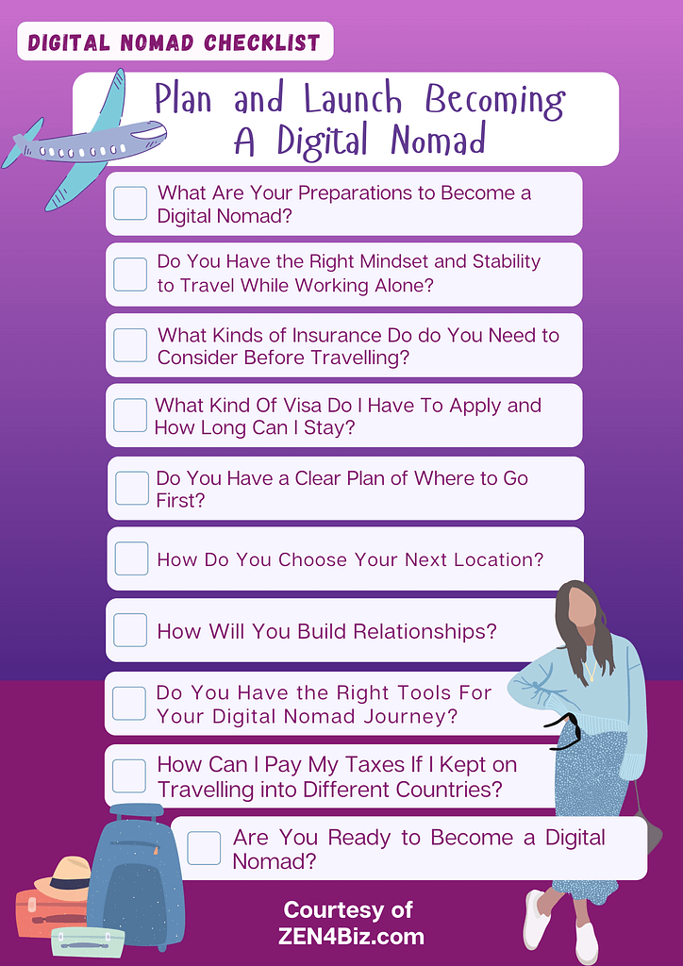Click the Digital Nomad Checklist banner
coord(175,42)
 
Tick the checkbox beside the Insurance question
coord(130,345)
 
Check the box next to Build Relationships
coord(130,630)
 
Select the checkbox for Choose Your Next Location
coord(131,558)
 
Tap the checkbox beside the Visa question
coord(130,415)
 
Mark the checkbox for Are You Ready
coord(204,848)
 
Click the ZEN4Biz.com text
coord(351,937)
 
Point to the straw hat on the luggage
coord(61,878)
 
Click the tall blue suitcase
coord(136,874)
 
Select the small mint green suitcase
coord(88,942)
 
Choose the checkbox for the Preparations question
coord(130,204)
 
